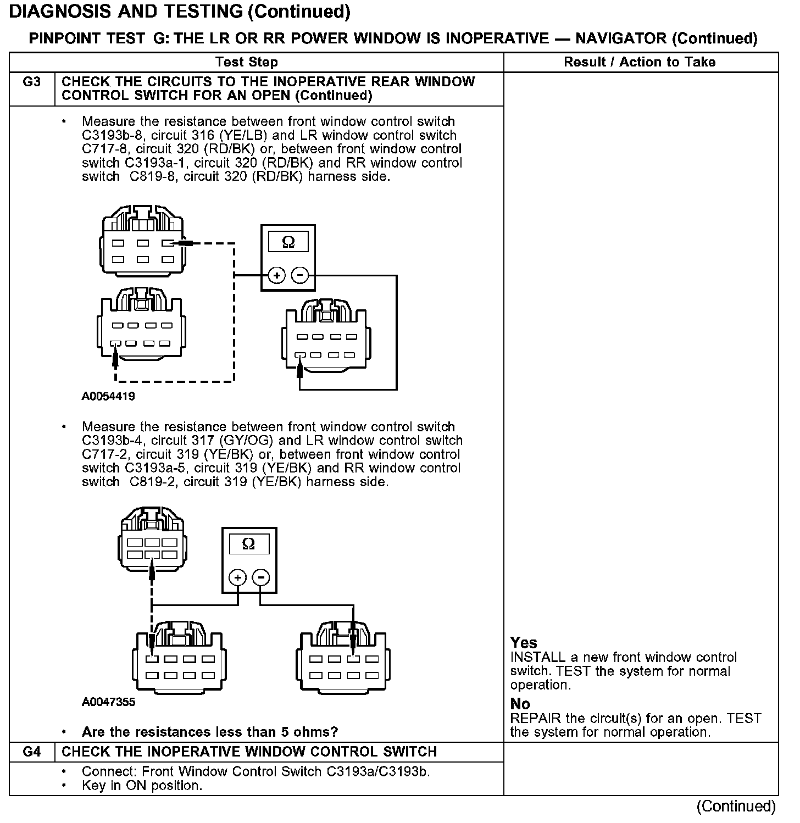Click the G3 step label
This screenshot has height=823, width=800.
coord(32,82)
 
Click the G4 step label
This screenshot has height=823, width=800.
coord(32,752)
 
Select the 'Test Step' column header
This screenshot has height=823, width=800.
coord(247,62)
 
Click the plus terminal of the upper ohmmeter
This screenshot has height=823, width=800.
coord(277,275)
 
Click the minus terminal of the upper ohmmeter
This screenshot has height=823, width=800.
coord(299,275)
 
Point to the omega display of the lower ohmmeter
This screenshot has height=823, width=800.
coord(248,544)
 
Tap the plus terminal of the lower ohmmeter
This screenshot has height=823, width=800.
coord(237,577)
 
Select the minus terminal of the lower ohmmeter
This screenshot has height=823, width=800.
coord(260,577)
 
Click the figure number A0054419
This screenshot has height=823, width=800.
coord(108,396)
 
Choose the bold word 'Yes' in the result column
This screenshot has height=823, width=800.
coord(524,642)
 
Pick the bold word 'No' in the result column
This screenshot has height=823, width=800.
coord(520,704)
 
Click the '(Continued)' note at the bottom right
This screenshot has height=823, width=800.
coord(736,806)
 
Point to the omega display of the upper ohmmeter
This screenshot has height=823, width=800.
coord(288,242)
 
